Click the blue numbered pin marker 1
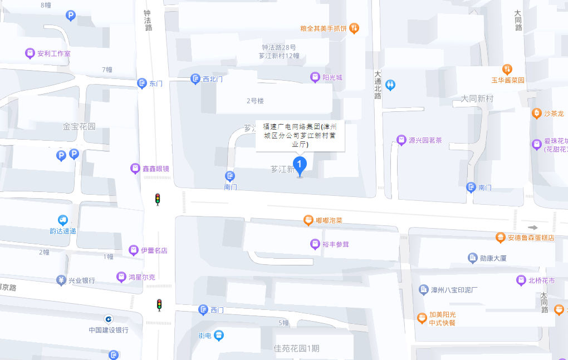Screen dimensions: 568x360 300,165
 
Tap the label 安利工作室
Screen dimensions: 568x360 53,53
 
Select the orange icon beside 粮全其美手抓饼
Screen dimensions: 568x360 354,28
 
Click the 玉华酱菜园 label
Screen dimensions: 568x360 508,80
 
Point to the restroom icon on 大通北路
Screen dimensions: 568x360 391,85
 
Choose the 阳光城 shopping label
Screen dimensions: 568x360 332,77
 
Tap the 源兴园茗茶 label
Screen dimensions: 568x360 425,140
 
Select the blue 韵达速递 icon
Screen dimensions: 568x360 63,221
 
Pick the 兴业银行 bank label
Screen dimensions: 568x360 81,280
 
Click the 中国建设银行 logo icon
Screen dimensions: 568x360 108,319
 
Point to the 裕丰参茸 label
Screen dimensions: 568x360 335,244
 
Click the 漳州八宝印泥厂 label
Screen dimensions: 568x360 454,290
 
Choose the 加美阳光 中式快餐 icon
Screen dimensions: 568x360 423,318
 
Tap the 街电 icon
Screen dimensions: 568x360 219,335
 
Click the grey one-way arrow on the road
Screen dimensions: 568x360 533,227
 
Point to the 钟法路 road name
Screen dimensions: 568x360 148,21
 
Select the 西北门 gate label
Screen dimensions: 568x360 212,79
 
